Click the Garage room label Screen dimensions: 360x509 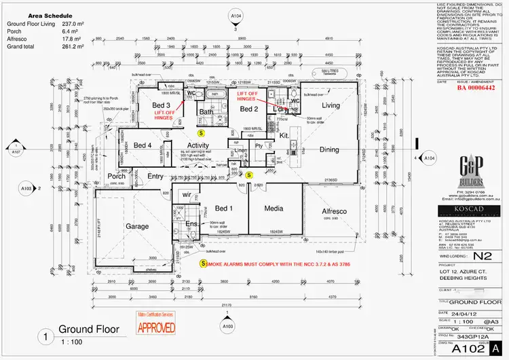point(137,226)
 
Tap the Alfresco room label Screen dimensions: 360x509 point(334,212)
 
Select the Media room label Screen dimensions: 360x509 point(274,209)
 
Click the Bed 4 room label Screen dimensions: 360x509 point(143,145)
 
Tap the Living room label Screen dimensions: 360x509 point(331,106)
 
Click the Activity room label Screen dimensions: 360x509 point(198,145)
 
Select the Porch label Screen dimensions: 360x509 point(117,177)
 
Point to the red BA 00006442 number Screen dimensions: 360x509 point(475,88)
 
